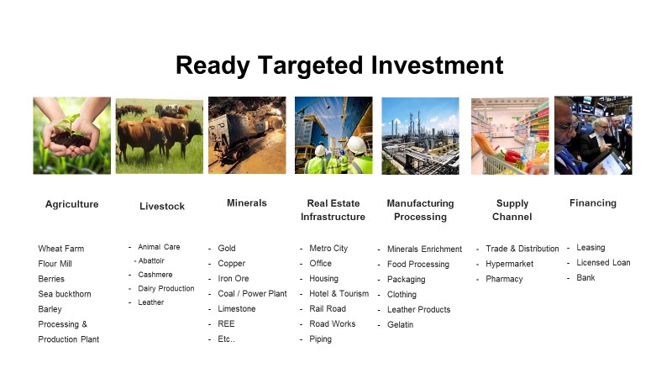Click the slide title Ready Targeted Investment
339,66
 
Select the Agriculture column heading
72,204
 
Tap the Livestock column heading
162,206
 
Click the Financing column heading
593,203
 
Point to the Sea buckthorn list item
65,294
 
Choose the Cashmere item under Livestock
155,275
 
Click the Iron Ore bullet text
234,279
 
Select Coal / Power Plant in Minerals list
253,293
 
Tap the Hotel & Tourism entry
339,293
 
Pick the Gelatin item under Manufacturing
401,325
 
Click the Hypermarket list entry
510,264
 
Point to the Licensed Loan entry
603,263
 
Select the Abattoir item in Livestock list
151,260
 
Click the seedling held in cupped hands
68,123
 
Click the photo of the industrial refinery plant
421,136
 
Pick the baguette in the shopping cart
485,144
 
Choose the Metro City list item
328,248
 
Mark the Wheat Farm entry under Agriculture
61,249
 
